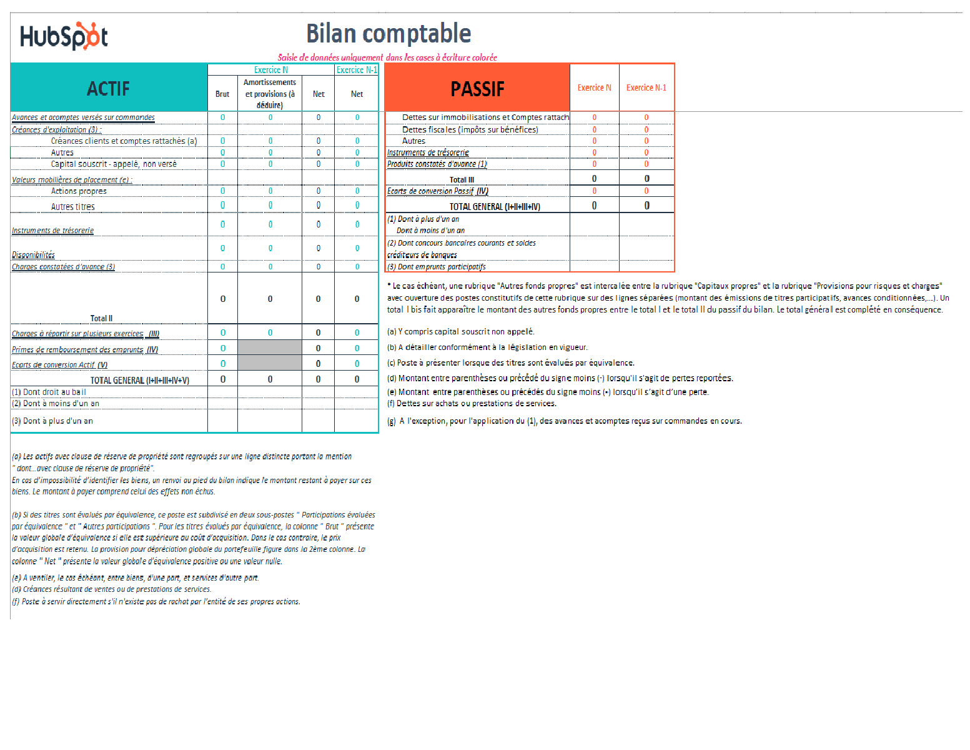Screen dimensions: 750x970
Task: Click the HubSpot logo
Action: [x=64, y=36]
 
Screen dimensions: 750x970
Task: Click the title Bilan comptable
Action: [x=388, y=34]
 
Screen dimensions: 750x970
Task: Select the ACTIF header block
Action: [x=109, y=89]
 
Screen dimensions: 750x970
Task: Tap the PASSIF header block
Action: [x=477, y=89]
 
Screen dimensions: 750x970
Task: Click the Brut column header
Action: [x=222, y=94]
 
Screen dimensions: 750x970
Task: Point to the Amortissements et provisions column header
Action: [x=270, y=94]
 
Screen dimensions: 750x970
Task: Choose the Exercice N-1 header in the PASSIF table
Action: [x=646, y=87]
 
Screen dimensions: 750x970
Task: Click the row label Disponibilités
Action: [x=34, y=255]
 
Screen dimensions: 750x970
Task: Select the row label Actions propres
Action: [x=79, y=191]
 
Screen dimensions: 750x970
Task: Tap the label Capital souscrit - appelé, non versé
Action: [x=114, y=164]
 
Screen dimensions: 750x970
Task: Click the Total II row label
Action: [x=101, y=318]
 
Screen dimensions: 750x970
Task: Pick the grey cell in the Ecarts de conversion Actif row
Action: [x=270, y=363]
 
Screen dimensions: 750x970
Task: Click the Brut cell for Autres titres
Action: [x=222, y=206]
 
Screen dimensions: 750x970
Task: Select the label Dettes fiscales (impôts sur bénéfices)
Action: [x=470, y=129]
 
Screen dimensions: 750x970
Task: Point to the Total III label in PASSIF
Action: [x=462, y=179]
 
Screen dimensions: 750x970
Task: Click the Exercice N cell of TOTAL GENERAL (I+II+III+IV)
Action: [x=594, y=206]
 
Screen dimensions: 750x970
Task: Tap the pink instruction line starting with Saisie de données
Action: [x=387, y=57]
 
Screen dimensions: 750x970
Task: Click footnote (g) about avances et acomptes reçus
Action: [x=565, y=421]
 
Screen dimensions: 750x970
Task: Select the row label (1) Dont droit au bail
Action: [x=49, y=392]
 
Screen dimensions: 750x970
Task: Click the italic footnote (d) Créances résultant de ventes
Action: [x=112, y=589]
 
